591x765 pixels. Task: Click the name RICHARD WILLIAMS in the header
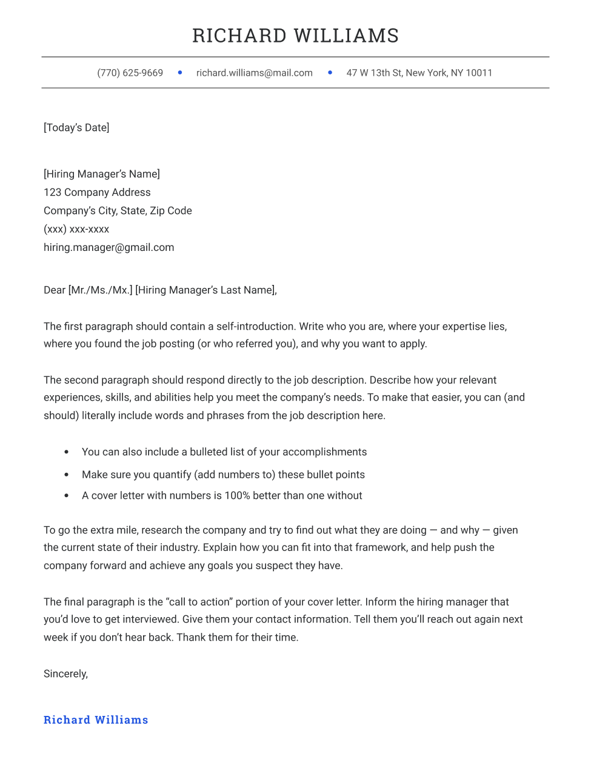coord(295,36)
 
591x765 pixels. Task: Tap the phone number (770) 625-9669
coord(130,73)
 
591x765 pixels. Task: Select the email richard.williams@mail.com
coord(254,73)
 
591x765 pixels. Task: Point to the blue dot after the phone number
coord(180,73)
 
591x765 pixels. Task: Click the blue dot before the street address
coord(330,73)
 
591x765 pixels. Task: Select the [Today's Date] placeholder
coord(76,127)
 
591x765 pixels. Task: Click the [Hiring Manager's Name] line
coord(102,174)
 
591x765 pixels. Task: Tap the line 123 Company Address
coord(97,192)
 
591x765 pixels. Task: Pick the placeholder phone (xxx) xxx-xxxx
coord(76,229)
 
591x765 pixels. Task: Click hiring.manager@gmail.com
coord(109,247)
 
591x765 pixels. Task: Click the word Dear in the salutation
coord(55,290)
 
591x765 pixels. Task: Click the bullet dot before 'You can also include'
coord(67,452)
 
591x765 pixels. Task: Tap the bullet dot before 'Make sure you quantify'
coord(67,475)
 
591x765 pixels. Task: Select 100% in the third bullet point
coord(237,495)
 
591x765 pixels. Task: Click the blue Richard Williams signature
coord(96,720)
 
